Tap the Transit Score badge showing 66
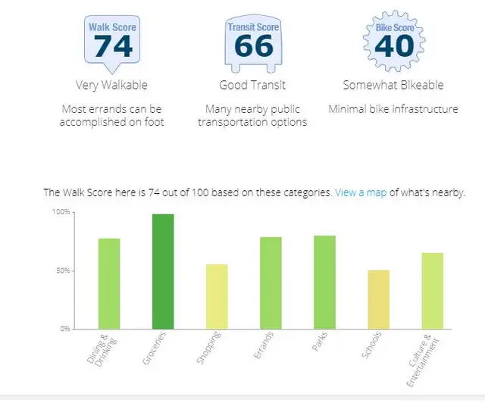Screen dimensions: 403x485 pos(253,42)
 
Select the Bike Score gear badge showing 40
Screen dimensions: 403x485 pos(394,42)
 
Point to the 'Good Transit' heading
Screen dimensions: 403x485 pos(252,85)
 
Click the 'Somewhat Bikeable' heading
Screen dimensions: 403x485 pos(393,85)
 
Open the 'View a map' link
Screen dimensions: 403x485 pos(361,192)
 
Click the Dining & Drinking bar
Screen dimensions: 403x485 pos(109,283)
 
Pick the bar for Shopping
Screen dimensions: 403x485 pos(217,296)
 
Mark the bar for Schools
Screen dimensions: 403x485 pos(378,299)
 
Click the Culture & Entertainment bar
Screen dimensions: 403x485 pos(432,291)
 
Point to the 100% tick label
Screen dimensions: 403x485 pos(61,213)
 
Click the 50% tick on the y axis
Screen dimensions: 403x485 pos(63,271)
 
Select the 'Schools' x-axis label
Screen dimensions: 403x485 pos(371,349)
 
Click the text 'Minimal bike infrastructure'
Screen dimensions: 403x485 pos(393,109)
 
